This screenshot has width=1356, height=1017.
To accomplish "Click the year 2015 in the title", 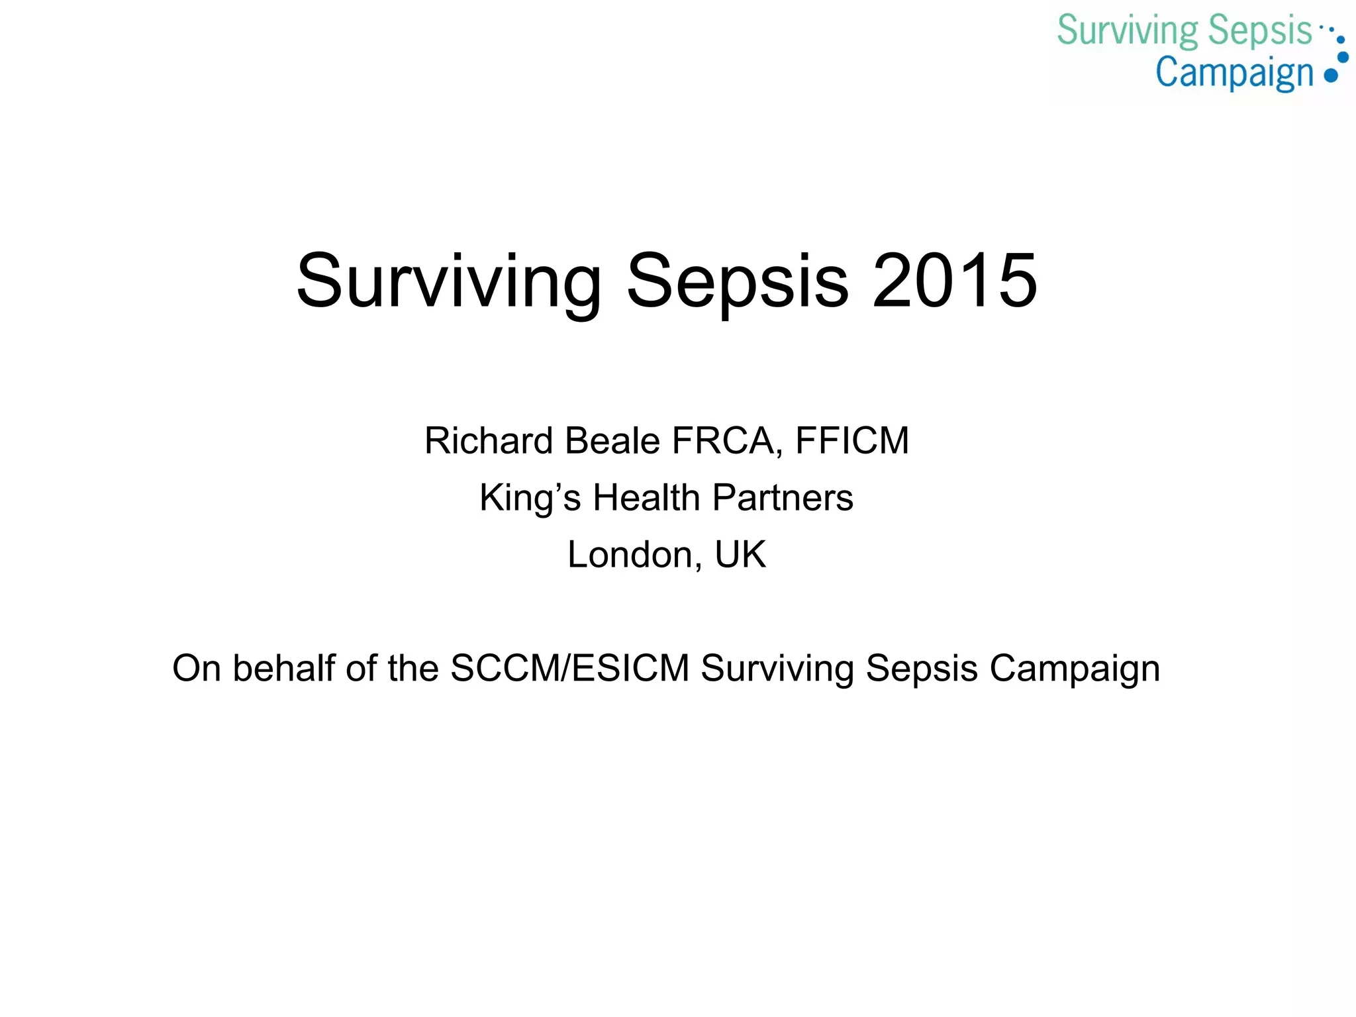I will (x=955, y=281).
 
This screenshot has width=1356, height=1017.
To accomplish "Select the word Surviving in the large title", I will (x=448, y=282).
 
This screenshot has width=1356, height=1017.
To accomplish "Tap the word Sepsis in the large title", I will (x=737, y=282).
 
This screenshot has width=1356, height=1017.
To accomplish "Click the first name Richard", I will (x=489, y=441).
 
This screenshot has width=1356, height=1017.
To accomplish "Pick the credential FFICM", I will (x=852, y=441).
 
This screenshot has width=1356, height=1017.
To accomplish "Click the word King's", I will (x=530, y=498).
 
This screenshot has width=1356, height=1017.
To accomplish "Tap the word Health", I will (x=646, y=498).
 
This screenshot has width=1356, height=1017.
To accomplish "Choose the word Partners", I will (x=783, y=498).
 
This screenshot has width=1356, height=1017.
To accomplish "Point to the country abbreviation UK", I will (x=740, y=555).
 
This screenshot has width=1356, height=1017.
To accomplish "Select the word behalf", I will (x=284, y=668).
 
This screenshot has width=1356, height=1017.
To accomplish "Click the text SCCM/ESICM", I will (x=570, y=668).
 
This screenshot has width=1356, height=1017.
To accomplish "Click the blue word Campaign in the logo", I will (x=1234, y=73).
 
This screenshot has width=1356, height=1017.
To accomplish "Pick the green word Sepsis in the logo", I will (x=1259, y=32).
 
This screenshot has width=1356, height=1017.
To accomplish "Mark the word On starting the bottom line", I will (x=196, y=668).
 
